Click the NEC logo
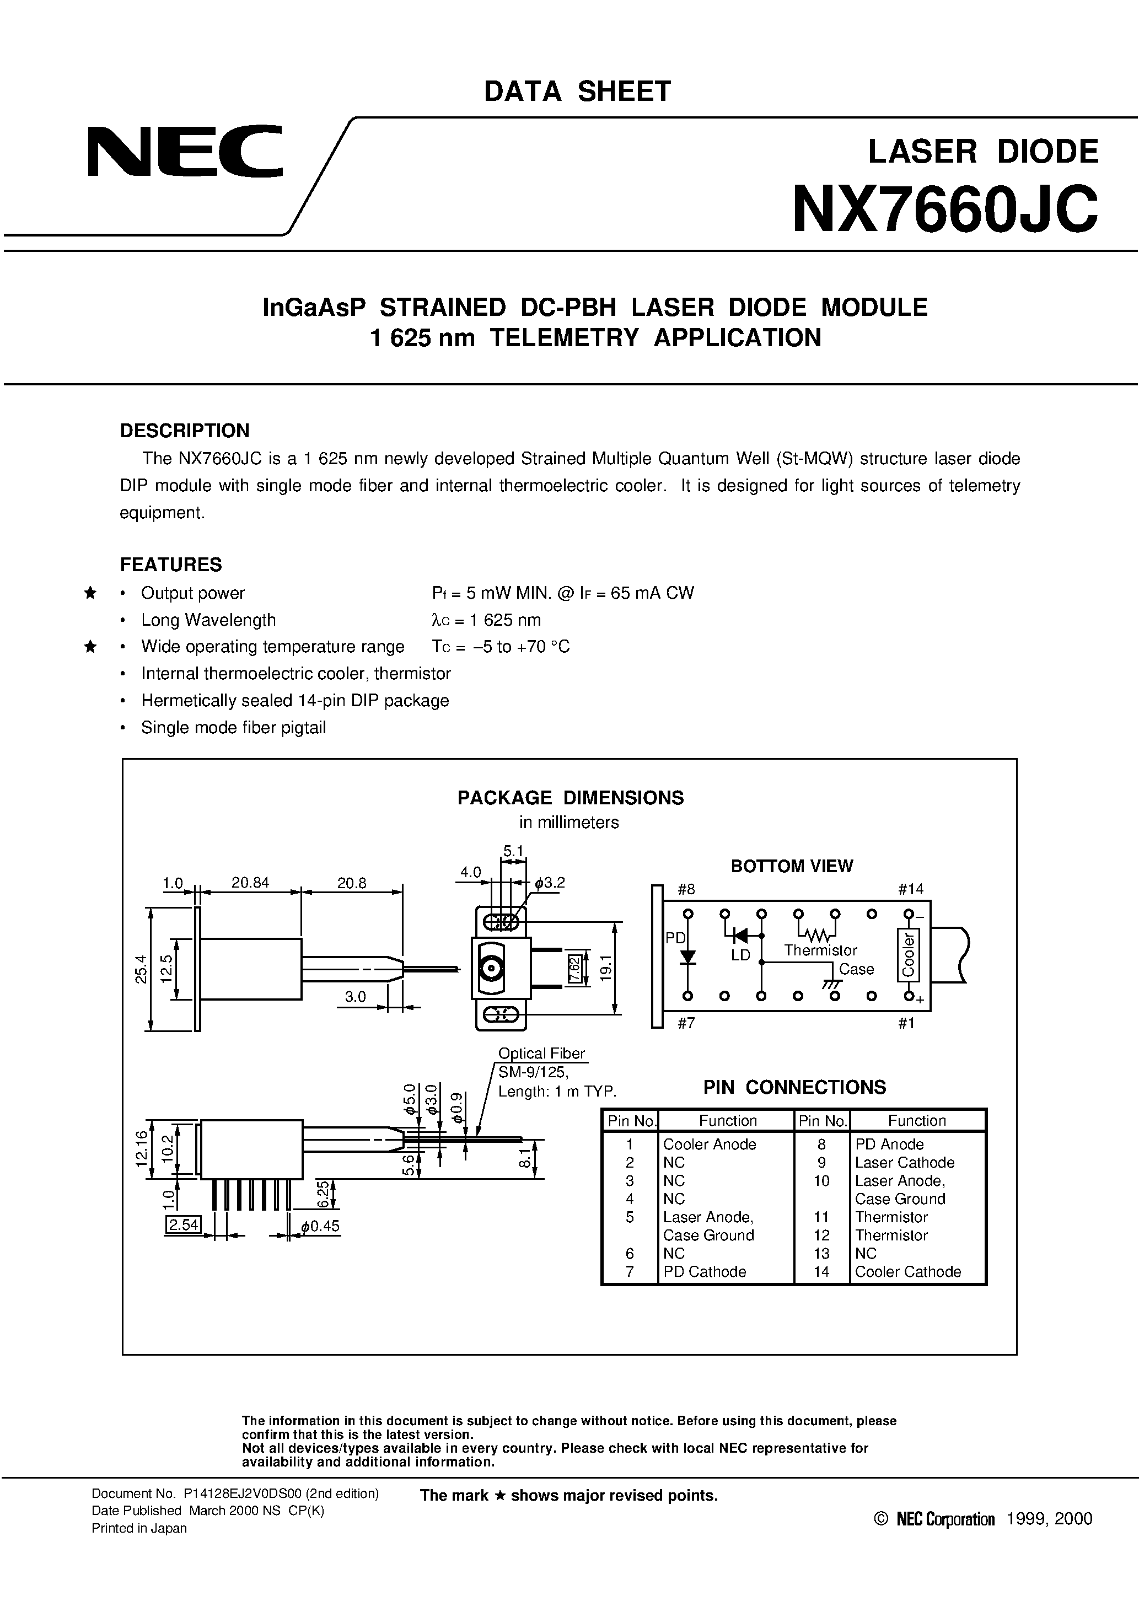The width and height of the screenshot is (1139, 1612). (185, 151)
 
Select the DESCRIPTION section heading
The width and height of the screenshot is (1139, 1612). (185, 431)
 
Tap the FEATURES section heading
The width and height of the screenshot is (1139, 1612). (171, 565)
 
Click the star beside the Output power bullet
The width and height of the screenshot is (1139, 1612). (90, 593)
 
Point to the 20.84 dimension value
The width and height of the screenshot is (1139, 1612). (250, 883)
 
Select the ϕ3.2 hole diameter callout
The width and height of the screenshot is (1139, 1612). (549, 883)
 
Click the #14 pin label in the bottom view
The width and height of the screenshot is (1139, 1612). (911, 889)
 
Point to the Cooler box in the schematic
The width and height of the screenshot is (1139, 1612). (909, 955)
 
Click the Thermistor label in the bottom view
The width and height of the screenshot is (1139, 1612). (820, 950)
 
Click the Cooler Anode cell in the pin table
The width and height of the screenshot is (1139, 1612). (709, 1144)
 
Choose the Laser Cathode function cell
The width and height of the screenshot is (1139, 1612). (905, 1163)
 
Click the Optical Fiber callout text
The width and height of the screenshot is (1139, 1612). (541, 1053)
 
